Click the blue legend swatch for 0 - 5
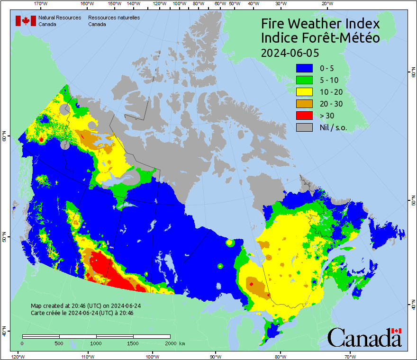tap(304, 68)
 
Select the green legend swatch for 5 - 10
tap(304, 80)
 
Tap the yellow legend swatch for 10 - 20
tap(304, 92)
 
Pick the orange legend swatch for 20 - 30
tap(304, 104)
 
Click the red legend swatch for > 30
tap(304, 116)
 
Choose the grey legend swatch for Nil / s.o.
tap(304, 127)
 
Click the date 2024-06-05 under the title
tap(290, 52)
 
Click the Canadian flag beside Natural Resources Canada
tap(26, 20)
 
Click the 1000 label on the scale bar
tap(96, 343)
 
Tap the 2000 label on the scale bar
tap(170, 343)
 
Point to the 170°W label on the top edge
tap(41, 4)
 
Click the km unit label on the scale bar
tap(182, 343)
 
